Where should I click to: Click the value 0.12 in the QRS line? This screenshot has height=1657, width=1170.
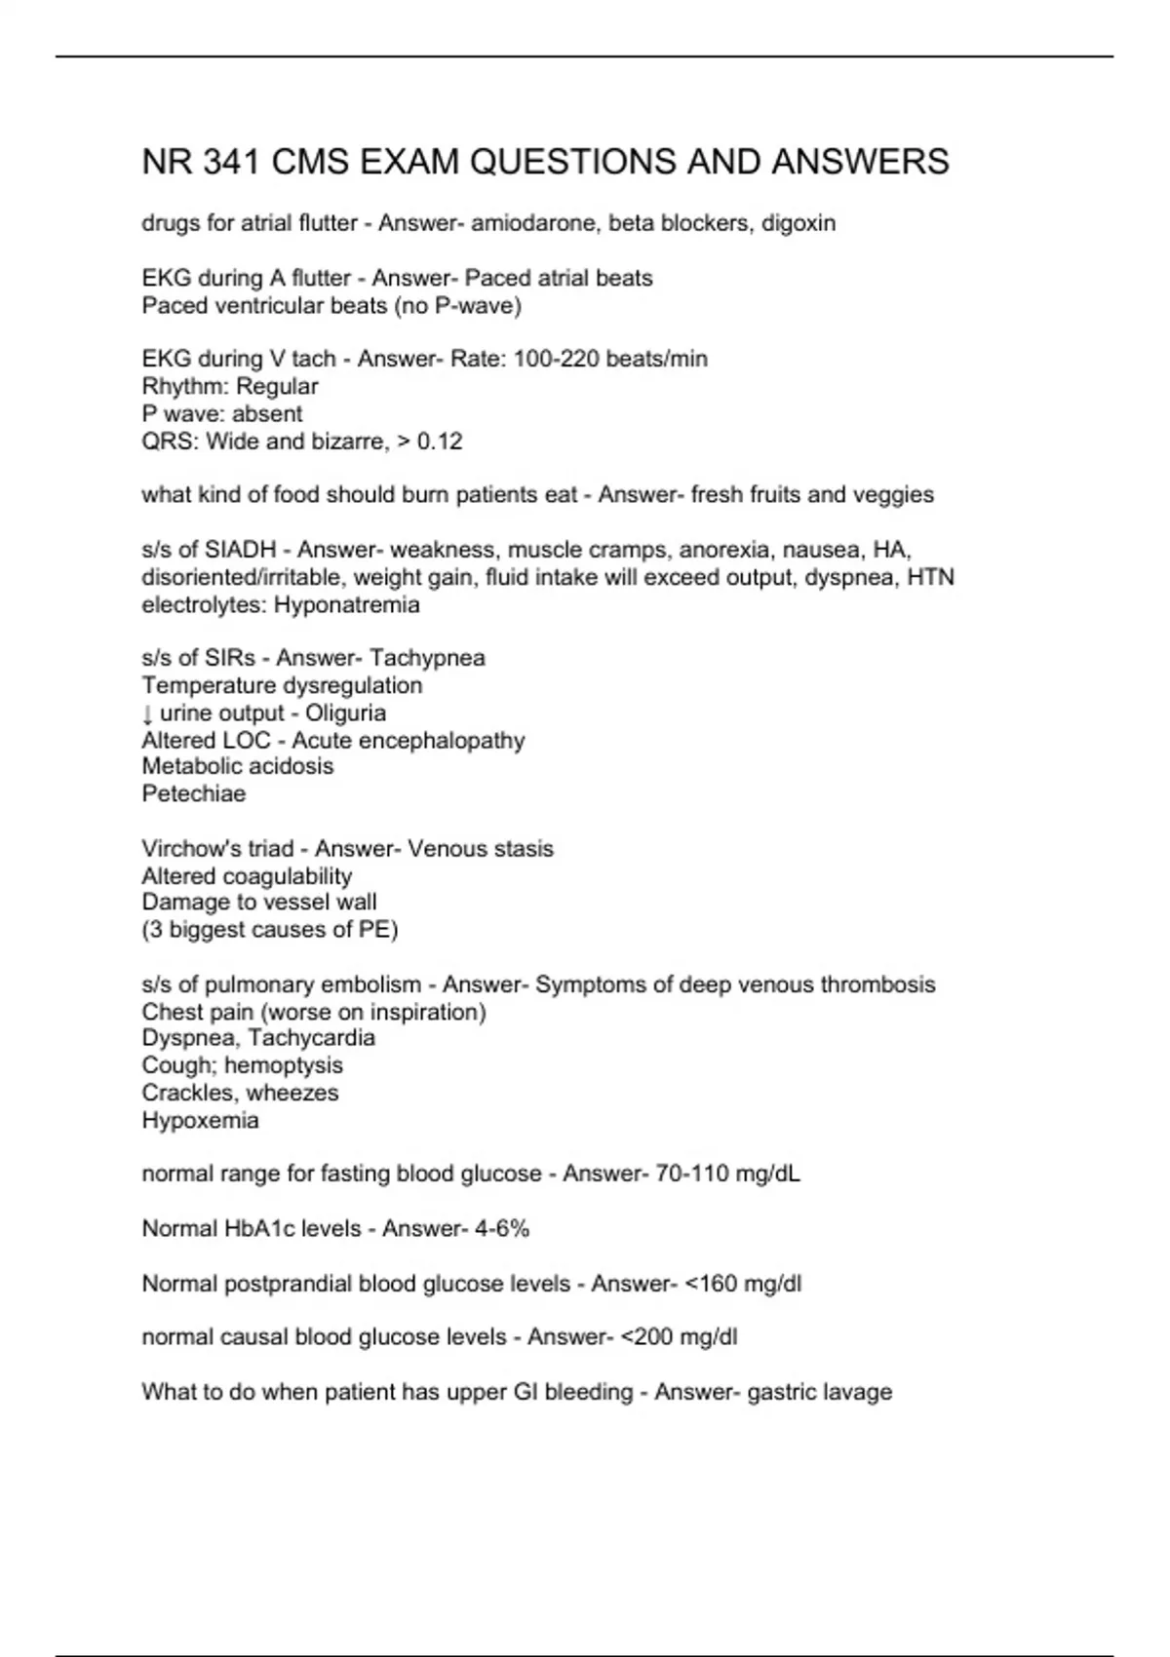pyautogui.click(x=440, y=442)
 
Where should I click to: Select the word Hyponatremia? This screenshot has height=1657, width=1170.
pyautogui.click(x=347, y=605)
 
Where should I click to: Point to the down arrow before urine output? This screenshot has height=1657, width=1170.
pyautogui.click(x=147, y=713)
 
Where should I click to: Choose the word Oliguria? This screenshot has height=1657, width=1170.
pyautogui.click(x=345, y=713)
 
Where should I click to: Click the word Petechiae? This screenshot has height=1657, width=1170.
pyautogui.click(x=194, y=793)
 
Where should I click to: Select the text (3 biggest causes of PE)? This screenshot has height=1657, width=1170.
pyautogui.click(x=270, y=930)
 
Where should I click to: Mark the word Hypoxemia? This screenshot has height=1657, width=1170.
pyautogui.click(x=200, y=1121)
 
